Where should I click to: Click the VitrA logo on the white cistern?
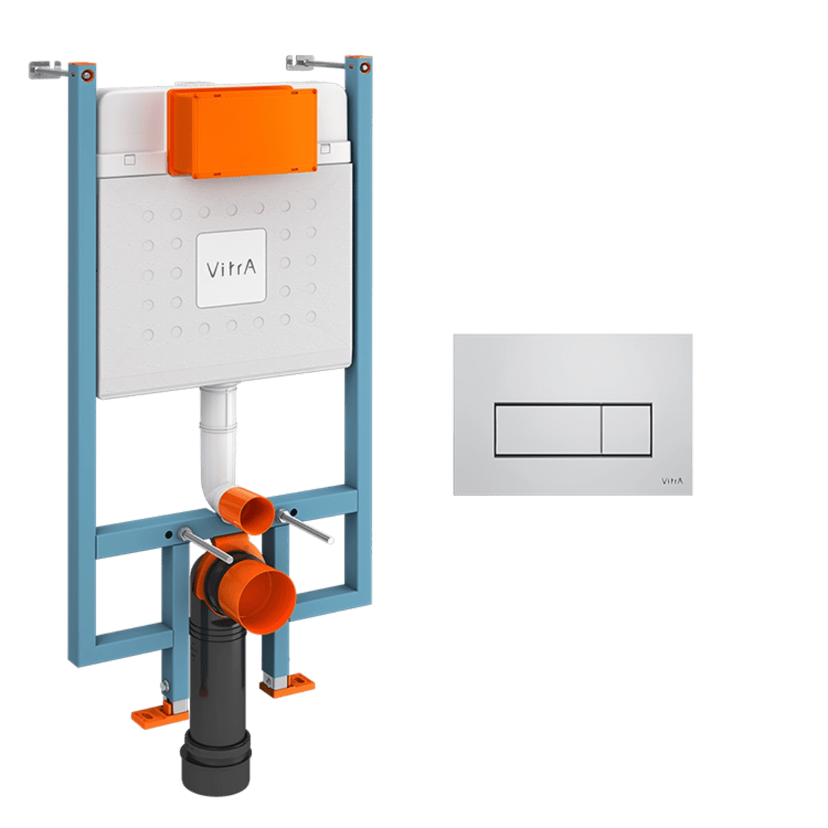[x=231, y=268]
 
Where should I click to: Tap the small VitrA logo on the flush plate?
[x=671, y=481]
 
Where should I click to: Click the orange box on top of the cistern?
[x=243, y=132]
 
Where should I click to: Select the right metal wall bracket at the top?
[x=316, y=63]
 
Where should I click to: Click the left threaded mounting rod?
[x=206, y=545]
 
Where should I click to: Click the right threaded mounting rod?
[x=304, y=526]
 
